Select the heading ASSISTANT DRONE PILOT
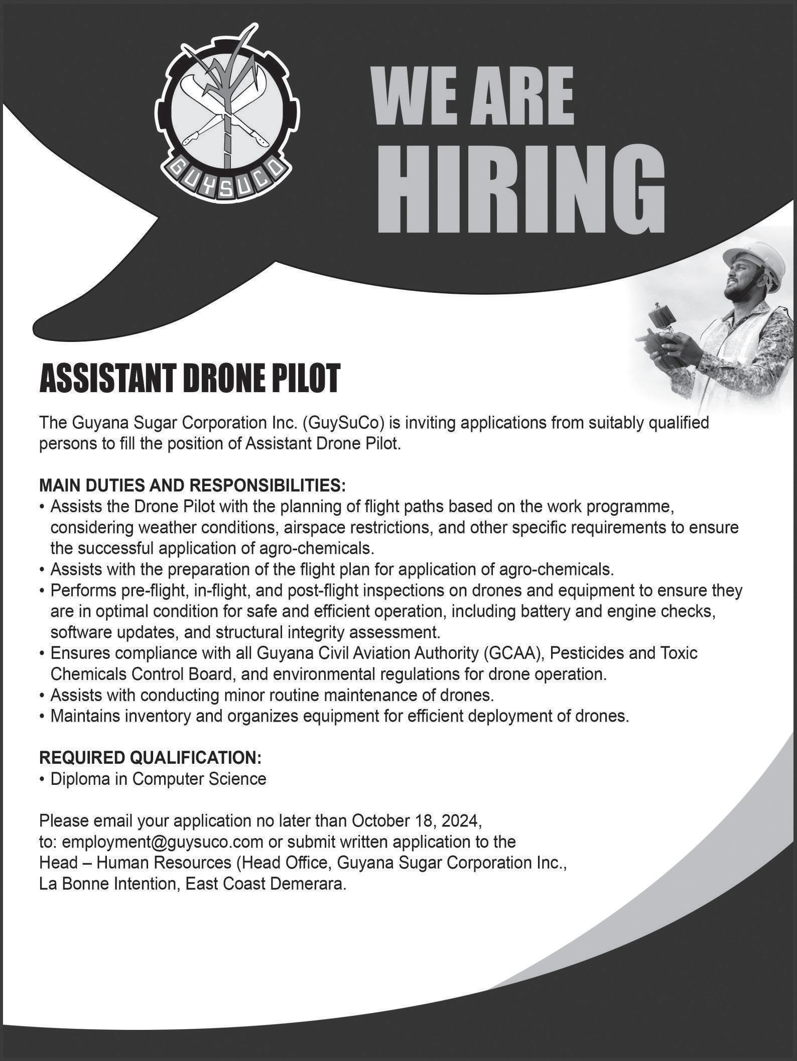190,379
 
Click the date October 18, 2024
417,820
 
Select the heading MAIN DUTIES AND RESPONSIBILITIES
192,486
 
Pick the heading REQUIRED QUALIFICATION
150,757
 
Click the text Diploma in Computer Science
158,779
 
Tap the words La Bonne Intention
107,884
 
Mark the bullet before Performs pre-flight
43,591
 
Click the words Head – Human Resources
135,863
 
